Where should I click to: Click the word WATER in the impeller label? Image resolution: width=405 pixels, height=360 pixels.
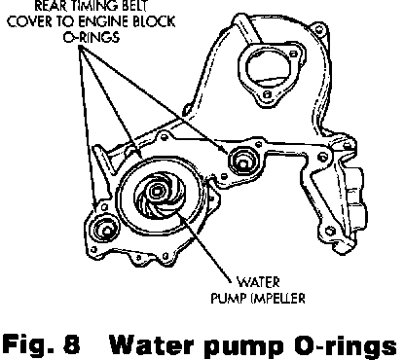click(x=258, y=282)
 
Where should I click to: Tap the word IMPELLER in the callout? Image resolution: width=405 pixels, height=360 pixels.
click(x=278, y=298)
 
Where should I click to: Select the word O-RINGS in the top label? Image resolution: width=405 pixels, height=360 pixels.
click(x=92, y=37)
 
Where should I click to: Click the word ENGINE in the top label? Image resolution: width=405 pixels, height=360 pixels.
click(x=104, y=21)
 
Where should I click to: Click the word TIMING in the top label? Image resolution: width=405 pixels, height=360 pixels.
click(x=91, y=6)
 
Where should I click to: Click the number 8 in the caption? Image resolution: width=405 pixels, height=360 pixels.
click(x=72, y=344)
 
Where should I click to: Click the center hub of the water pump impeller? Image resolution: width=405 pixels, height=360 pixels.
click(x=157, y=192)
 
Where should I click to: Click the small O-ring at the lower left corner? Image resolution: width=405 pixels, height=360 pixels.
click(x=104, y=230)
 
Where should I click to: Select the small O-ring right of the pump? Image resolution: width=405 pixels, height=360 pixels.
click(x=243, y=161)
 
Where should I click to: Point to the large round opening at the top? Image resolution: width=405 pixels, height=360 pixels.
click(x=268, y=68)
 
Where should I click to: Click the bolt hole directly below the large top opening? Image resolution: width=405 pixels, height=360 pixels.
click(x=267, y=94)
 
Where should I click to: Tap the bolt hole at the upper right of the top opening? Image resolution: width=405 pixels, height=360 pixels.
click(x=293, y=54)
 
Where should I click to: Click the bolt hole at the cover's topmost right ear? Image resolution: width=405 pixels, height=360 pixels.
click(x=319, y=30)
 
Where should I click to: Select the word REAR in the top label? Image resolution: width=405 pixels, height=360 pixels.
click(x=49, y=6)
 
